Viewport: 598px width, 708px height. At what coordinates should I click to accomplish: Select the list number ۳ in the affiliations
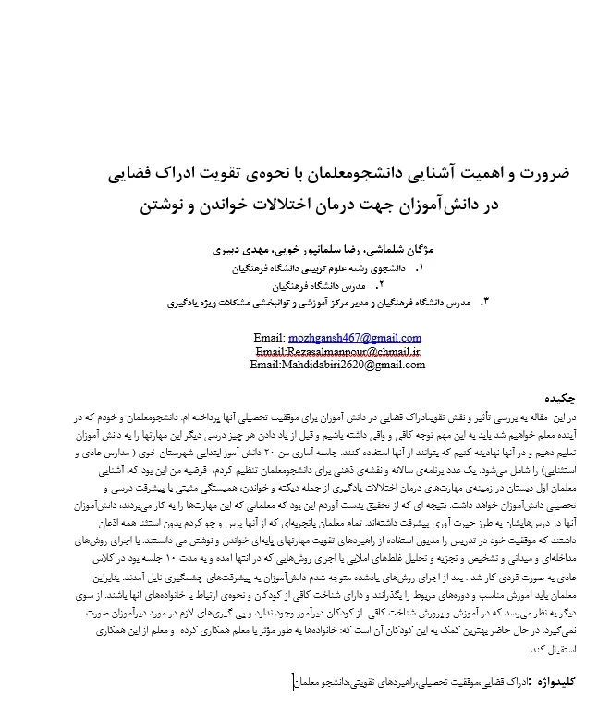coord(482,302)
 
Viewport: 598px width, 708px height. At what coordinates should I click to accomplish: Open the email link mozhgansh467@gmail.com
coord(356,338)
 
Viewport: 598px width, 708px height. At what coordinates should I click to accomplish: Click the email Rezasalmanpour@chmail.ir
coord(338,352)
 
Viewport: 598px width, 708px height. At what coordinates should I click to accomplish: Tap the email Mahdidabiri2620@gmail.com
coord(337,366)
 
